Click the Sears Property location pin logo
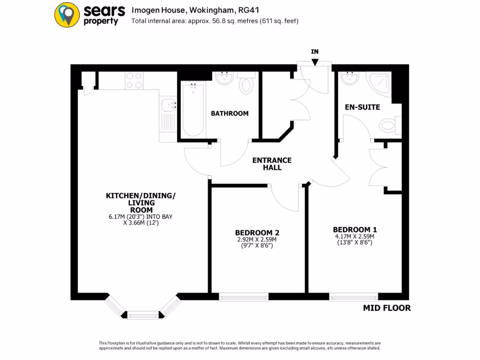coord(67,15)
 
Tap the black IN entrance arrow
coord(315,61)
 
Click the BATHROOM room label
coord(230,113)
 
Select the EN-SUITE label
coord(362,107)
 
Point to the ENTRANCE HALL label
coord(272,164)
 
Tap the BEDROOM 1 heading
coord(355,230)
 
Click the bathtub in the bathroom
coord(193,109)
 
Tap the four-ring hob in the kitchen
coord(135,81)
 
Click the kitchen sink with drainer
coord(167,117)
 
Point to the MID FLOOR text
coord(387,308)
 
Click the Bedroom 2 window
coord(244,296)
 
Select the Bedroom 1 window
coord(353,296)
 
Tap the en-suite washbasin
coord(349,78)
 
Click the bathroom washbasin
coord(224,78)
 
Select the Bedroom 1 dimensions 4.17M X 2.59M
coord(354,237)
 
